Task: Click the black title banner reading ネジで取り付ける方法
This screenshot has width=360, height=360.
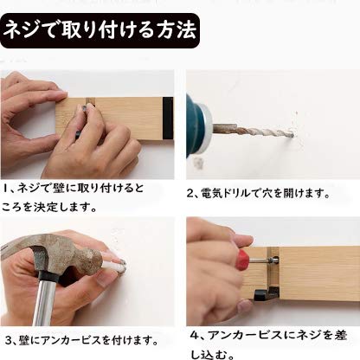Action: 100,30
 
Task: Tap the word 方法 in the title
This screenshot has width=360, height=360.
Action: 177,30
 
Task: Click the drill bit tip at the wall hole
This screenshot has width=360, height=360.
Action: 292,134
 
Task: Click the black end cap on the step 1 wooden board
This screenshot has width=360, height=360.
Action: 168,119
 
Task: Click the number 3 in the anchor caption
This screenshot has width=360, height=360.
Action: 9,341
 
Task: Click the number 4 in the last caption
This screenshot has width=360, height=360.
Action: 195,336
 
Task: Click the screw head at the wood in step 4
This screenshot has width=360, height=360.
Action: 273,261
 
